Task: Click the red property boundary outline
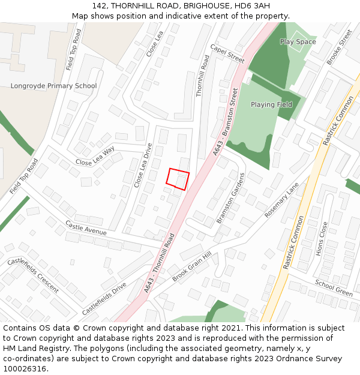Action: (x=178, y=179)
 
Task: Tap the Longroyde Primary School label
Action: (x=53, y=86)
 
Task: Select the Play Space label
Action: (x=298, y=42)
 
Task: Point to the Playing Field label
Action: (x=271, y=104)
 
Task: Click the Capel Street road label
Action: (x=227, y=53)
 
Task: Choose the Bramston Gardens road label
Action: (x=230, y=198)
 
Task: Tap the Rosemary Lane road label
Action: (x=281, y=200)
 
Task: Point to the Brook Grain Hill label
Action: (x=192, y=267)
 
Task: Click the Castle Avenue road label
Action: (x=86, y=228)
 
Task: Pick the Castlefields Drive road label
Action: (x=104, y=299)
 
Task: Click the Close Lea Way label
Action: (x=95, y=158)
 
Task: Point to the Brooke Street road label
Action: (x=339, y=47)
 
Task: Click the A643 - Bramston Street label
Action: (x=226, y=122)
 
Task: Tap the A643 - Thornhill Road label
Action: (x=158, y=264)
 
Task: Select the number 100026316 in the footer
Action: (x=25, y=369)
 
